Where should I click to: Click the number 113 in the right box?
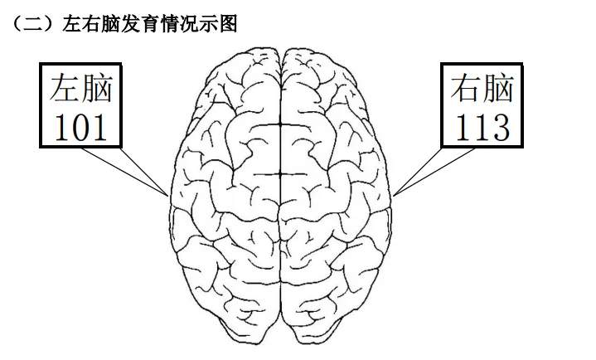[x=482, y=128]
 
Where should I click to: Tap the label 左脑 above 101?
[x=81, y=88]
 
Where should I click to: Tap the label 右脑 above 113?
[x=482, y=88]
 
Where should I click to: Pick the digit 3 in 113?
[x=500, y=128]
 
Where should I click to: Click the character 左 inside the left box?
[x=65, y=88]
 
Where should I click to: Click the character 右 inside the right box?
[x=467, y=88]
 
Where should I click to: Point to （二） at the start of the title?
[x=35, y=23]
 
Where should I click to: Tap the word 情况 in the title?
[x=180, y=23]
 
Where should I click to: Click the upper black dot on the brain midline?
[x=280, y=124]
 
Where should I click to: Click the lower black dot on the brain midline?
[x=280, y=174]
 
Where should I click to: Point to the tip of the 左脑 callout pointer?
[x=168, y=196]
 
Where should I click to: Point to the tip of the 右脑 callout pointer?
[x=393, y=196]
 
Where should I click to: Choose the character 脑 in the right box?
[x=498, y=88]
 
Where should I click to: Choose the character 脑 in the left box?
[x=97, y=88]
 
